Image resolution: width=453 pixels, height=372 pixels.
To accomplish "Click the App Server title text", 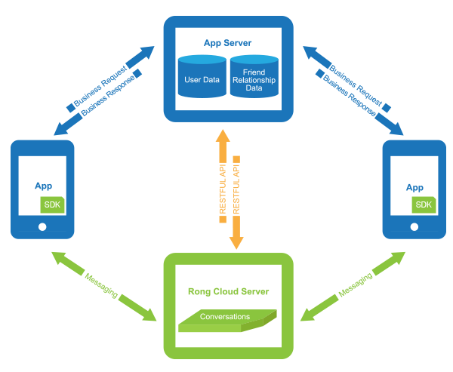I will (x=228, y=42).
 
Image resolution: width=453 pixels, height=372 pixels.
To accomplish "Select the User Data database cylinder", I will (x=201, y=78).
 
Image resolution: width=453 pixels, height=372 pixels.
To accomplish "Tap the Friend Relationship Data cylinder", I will (x=254, y=78).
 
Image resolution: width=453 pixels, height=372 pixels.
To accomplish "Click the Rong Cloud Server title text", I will (x=228, y=291).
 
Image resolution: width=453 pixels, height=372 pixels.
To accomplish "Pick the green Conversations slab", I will (x=226, y=320).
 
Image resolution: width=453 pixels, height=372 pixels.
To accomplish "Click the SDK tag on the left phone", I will (x=52, y=204).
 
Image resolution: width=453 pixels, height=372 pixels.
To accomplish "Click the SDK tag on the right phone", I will (x=424, y=204).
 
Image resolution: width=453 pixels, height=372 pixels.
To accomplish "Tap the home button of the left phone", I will (x=42, y=226).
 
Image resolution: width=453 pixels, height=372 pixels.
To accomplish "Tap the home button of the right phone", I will (x=414, y=226).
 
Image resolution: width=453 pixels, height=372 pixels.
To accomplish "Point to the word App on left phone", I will (x=42, y=186).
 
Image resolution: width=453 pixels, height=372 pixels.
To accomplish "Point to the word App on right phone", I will (x=414, y=186).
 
